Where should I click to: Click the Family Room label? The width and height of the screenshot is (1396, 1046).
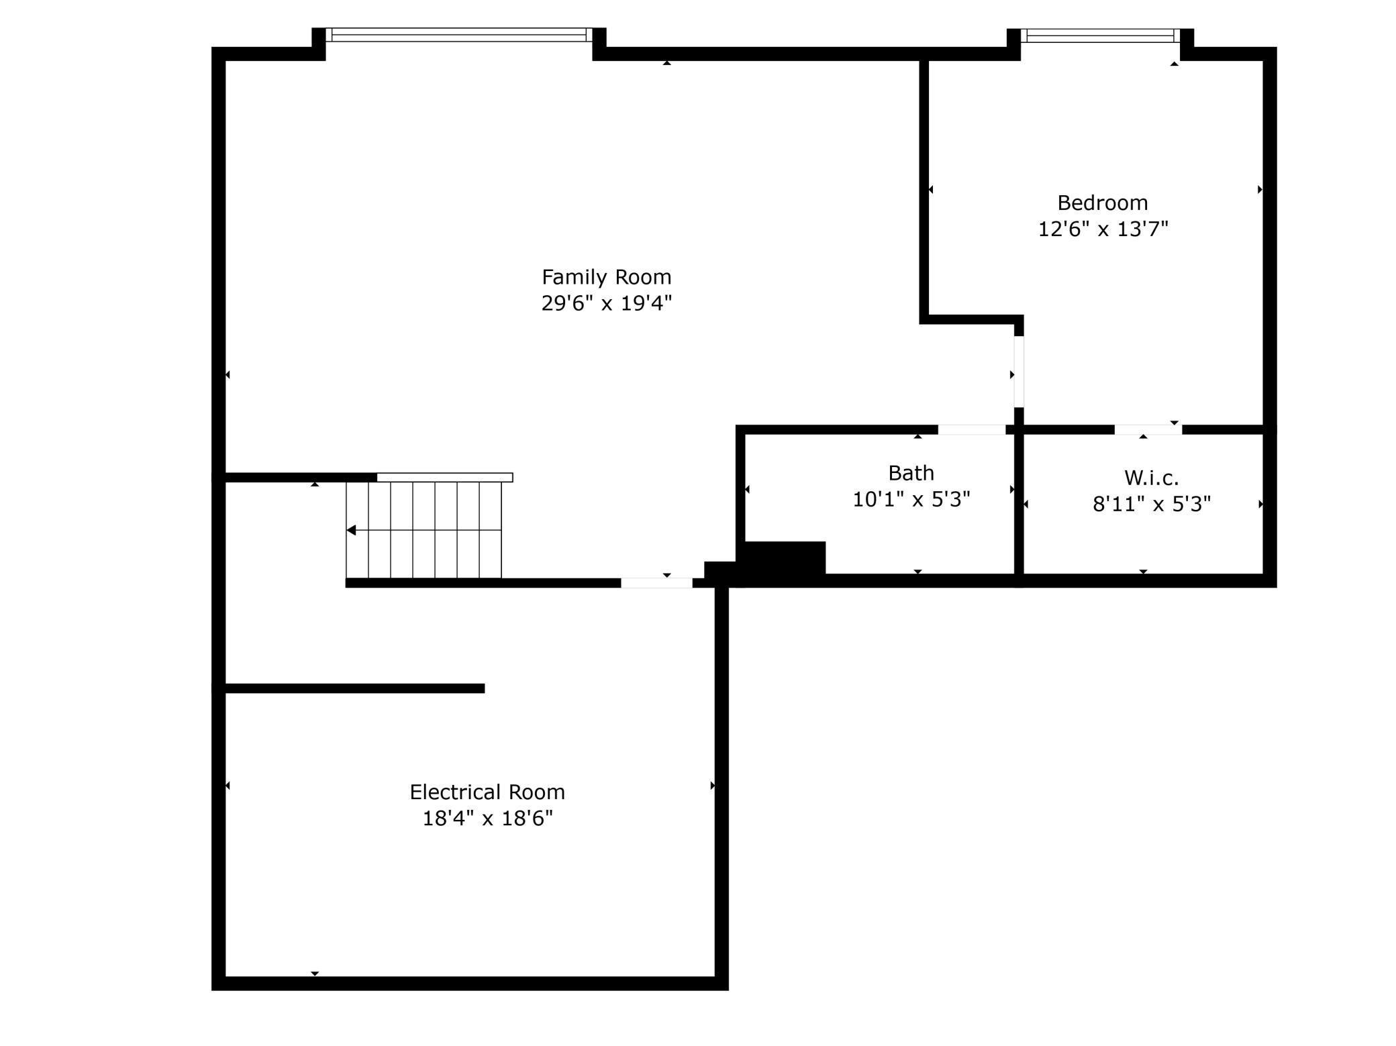tap(606, 276)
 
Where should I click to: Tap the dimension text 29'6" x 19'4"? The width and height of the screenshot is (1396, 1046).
tap(606, 303)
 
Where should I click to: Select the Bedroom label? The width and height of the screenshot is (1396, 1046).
tap(1102, 203)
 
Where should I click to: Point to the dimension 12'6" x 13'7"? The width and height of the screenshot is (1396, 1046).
tap(1103, 229)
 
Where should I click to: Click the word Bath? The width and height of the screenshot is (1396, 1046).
tap(911, 473)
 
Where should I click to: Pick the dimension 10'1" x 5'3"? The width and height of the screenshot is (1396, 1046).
tap(911, 499)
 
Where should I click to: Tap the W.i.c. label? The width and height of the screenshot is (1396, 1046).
tap(1151, 478)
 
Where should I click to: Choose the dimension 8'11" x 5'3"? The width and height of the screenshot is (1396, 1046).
tap(1151, 504)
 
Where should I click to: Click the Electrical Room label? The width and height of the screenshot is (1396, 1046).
tap(487, 792)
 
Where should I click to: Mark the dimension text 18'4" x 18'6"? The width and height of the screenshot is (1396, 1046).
tap(487, 819)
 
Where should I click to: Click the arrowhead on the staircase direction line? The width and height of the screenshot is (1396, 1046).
tap(351, 530)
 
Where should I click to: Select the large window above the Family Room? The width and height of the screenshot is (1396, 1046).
tap(459, 35)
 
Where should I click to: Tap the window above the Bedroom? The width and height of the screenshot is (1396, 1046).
tap(1101, 36)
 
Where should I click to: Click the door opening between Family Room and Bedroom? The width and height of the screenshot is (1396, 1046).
tap(1018, 372)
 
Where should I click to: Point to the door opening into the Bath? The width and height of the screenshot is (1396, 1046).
tap(971, 429)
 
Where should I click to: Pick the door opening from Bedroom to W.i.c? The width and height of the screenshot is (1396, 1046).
tap(1148, 429)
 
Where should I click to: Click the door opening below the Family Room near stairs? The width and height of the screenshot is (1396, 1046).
tap(656, 583)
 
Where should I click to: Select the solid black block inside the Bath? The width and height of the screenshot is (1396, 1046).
tap(784, 558)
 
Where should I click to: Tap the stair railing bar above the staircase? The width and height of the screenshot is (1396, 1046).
tap(444, 477)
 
